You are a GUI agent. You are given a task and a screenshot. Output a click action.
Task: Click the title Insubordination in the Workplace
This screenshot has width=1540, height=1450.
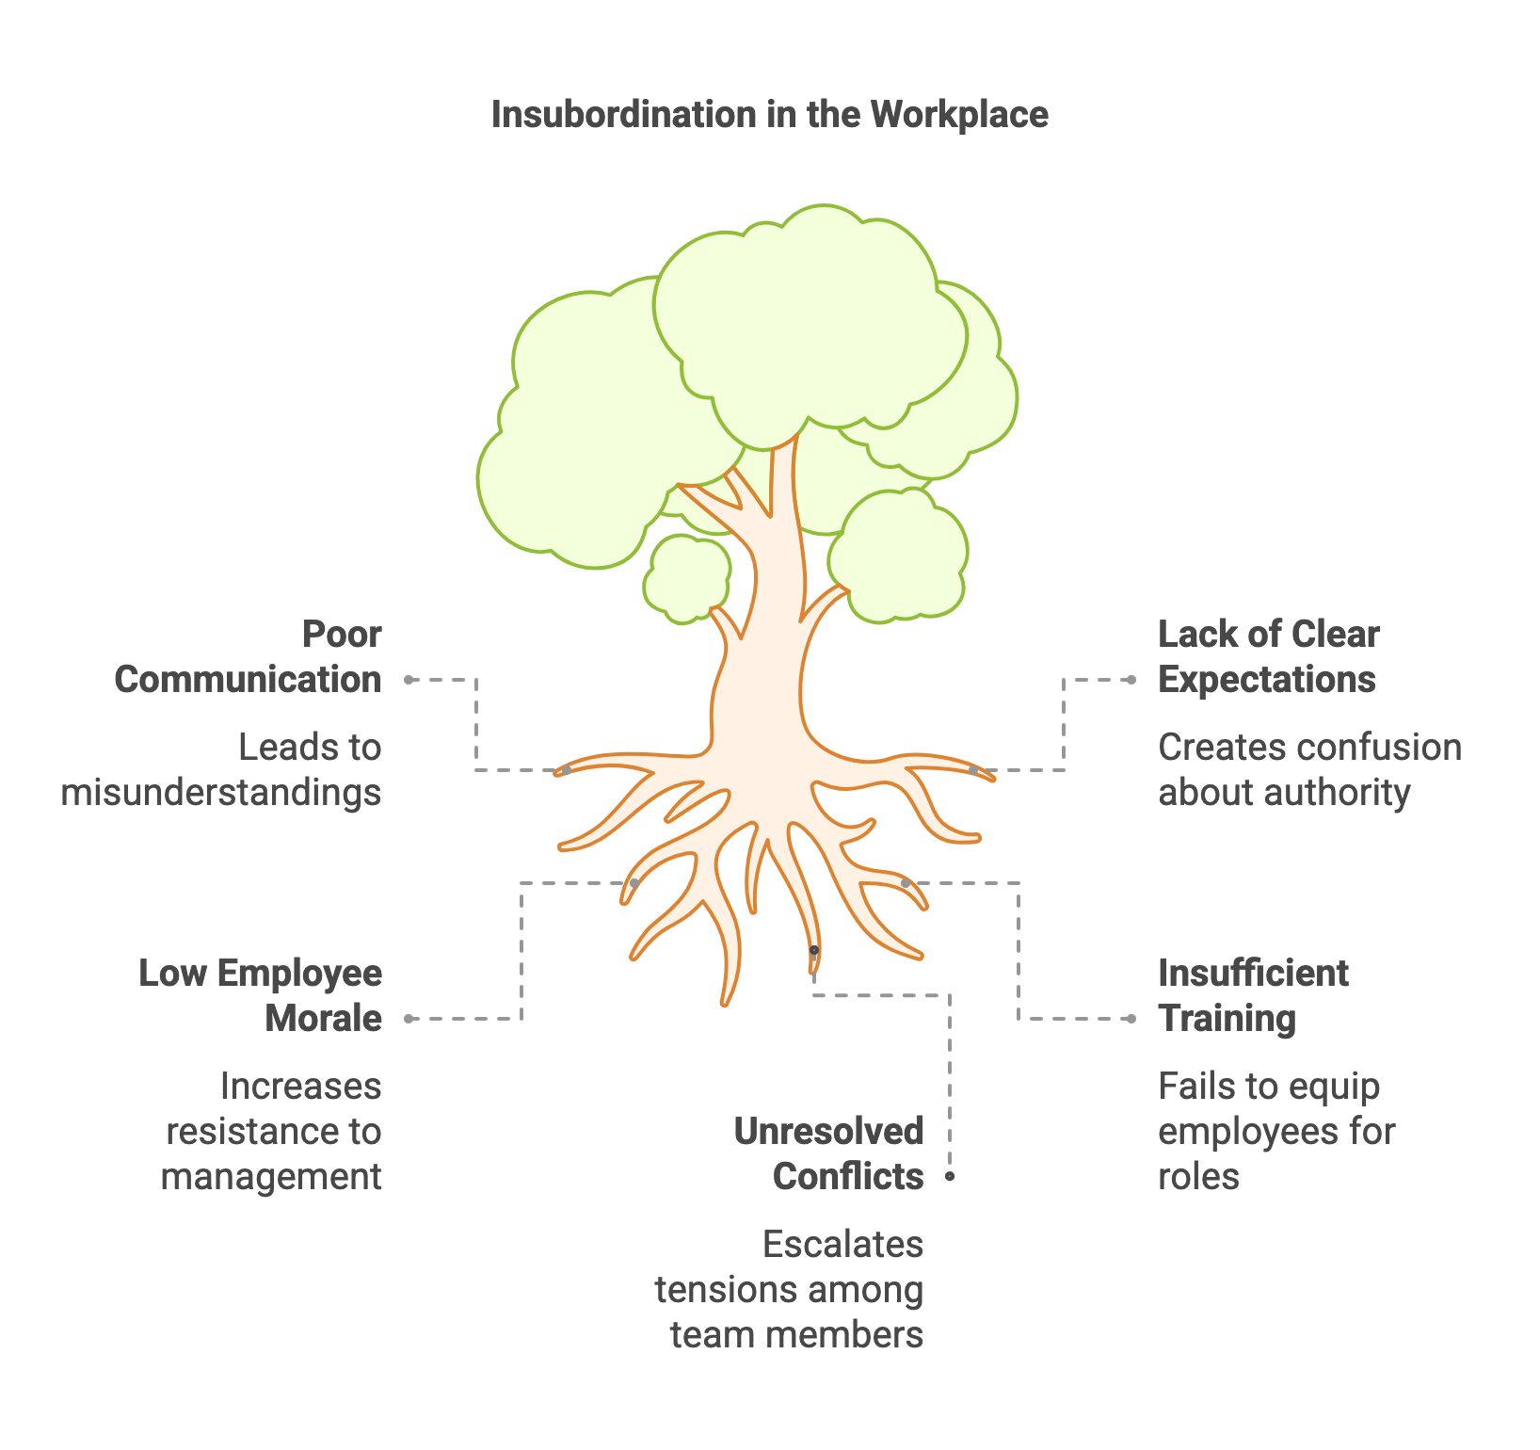pos(769,115)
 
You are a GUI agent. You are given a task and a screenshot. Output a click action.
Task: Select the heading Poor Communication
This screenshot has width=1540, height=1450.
pos(249,657)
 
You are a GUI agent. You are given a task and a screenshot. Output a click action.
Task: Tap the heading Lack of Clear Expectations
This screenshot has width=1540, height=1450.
pos(1268,657)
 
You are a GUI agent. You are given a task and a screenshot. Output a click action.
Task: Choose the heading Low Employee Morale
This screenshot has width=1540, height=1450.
pos(261,996)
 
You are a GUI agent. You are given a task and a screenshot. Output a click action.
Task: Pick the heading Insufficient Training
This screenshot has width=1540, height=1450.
pos(1253,996)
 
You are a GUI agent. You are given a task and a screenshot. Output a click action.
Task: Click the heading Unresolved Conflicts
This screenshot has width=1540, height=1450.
pos(829,1154)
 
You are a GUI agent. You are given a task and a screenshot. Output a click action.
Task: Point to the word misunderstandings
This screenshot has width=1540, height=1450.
pos(221,793)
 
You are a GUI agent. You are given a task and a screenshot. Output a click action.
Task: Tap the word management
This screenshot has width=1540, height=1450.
pos(271,1177)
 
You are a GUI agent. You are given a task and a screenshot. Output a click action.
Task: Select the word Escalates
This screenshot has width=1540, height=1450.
pos(842,1245)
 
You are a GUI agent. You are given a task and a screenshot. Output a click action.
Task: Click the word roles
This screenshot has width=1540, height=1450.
pos(1198,1177)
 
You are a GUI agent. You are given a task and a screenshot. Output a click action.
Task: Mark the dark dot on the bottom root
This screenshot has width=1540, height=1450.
pos(814,950)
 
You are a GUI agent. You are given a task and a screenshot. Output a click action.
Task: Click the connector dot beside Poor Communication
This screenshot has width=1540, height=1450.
pos(409,680)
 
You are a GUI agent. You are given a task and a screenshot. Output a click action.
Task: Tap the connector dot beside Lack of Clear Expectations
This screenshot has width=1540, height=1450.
pos(1131,680)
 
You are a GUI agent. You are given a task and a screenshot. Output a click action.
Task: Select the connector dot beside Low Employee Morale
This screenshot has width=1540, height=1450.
pos(409,1019)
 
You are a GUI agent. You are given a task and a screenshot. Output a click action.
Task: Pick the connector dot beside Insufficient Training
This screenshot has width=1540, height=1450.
pos(1131,1019)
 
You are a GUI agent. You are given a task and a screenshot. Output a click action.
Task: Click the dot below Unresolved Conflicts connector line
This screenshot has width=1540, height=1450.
pos(950,1177)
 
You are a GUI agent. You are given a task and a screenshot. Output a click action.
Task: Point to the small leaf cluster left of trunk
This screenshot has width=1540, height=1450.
pos(687,578)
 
